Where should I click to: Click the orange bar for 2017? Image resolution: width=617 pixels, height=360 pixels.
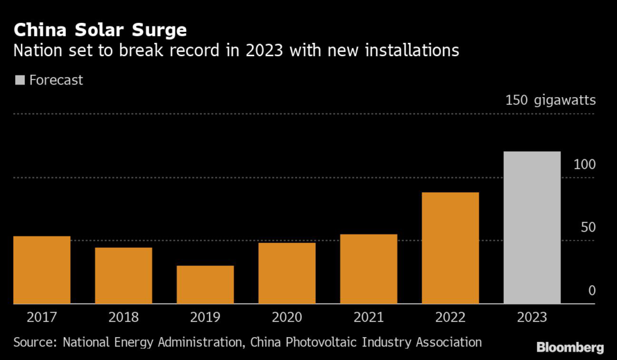coord(42,270)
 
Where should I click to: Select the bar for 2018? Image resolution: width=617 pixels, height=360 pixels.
coord(124,276)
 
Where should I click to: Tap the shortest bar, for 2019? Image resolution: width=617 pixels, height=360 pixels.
coord(205,285)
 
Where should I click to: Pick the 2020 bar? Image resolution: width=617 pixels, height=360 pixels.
coord(287,273)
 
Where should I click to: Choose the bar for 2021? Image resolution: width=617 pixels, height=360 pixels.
coord(368,269)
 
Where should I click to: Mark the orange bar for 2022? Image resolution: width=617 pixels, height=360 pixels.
coord(450,248)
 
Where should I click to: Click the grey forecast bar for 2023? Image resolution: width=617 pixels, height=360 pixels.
coord(532,227)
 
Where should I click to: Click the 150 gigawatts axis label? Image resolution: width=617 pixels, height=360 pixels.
coord(550,100)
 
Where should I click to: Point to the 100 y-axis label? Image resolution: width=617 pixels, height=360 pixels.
coord(584,164)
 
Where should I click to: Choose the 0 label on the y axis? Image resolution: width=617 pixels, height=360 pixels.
coord(592,291)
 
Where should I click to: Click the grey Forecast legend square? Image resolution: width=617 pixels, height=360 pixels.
coord(19,80)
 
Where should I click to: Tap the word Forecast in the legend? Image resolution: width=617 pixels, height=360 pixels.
coord(57,80)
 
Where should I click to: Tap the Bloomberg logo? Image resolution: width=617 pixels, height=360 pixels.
coord(570,347)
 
